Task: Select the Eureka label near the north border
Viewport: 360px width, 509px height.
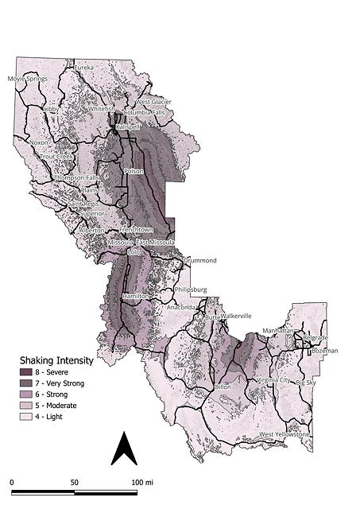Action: pyautogui.click(x=83, y=68)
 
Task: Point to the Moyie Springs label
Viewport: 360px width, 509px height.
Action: pyautogui.click(x=28, y=79)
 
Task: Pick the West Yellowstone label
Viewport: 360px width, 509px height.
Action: pyautogui.click(x=285, y=434)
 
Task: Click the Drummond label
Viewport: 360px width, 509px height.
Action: pyautogui.click(x=199, y=259)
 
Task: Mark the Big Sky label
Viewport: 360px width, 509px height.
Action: pyautogui.click(x=305, y=383)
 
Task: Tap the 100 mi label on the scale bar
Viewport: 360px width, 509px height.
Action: pyautogui.click(x=143, y=482)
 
